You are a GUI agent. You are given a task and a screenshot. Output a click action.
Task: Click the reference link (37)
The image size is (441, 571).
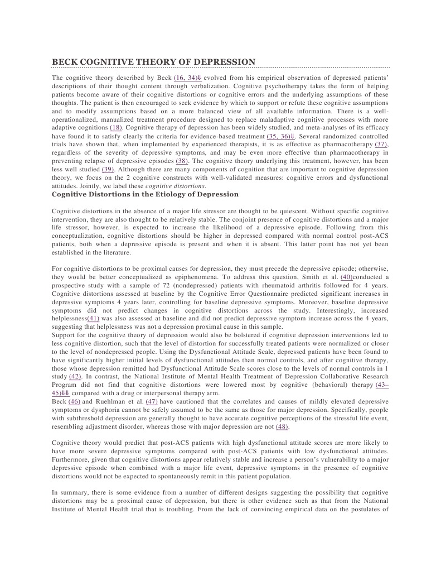(x=381, y=144)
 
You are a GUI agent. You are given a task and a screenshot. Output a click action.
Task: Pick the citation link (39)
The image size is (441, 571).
(x=109, y=169)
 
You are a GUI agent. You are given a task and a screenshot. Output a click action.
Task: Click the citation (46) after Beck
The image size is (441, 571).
(x=74, y=401)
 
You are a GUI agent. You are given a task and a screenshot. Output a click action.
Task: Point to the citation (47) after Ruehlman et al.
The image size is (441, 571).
(x=151, y=401)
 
